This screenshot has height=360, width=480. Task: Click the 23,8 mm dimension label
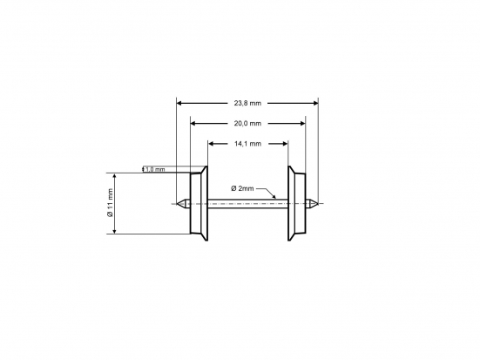[248, 103]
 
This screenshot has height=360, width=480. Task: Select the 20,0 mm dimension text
[248, 123]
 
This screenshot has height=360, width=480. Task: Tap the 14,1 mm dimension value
[248, 143]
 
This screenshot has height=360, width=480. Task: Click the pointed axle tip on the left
[180, 205]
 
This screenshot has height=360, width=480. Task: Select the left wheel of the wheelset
[199, 204]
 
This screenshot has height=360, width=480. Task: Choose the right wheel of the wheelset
[297, 204]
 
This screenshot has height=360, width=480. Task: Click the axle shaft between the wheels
[248, 205]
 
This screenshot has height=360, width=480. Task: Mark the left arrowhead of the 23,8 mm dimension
[180, 103]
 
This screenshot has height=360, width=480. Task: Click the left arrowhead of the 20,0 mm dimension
[193, 123]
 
